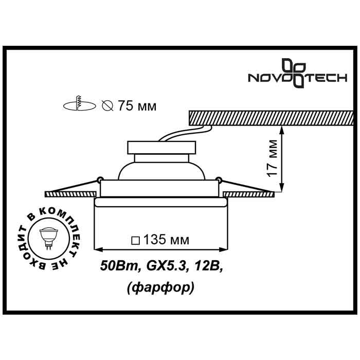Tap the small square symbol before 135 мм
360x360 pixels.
tap(135, 240)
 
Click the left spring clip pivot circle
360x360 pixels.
tap(98, 180)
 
